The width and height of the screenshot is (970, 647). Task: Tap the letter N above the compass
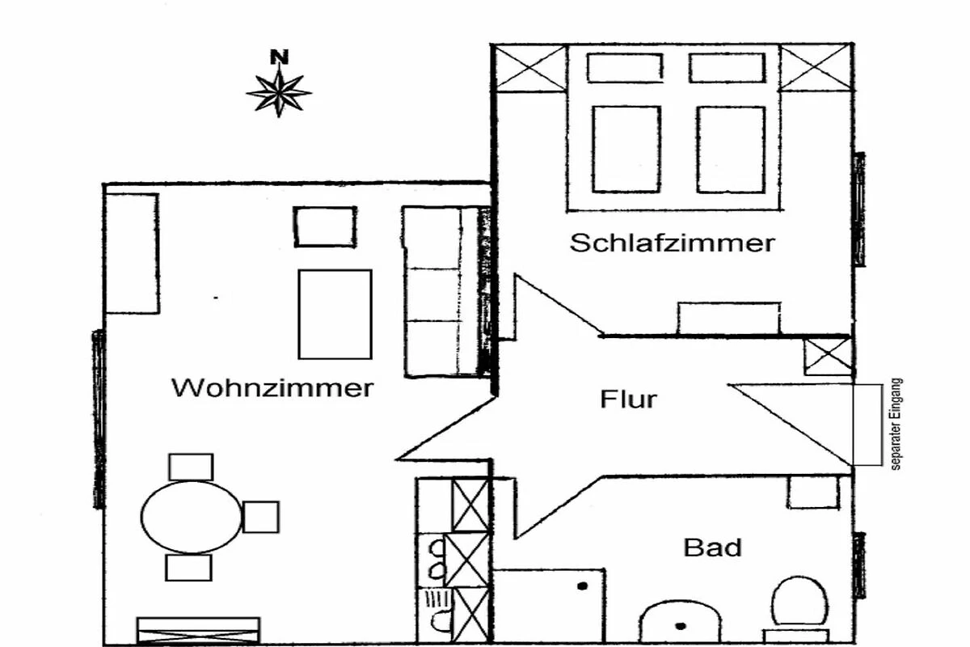tap(279, 57)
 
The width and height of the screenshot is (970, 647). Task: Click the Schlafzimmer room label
tap(672, 243)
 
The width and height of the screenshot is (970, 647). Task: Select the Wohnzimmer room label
tap(272, 388)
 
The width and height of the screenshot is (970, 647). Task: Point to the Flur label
tap(628, 399)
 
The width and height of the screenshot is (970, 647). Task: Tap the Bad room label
tap(712, 548)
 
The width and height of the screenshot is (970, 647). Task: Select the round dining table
tap(192, 516)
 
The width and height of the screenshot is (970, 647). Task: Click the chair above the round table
tap(191, 467)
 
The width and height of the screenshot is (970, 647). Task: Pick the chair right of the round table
tap(260, 517)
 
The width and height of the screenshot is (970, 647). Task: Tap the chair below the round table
tap(188, 567)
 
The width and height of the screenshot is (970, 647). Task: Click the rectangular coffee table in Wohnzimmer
tap(335, 314)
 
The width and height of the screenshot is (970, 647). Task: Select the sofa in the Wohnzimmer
tap(445, 291)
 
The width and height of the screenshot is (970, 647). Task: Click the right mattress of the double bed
tap(731, 150)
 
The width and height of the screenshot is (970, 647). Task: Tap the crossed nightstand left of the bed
tap(530, 68)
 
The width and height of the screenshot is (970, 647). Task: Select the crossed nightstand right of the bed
tap(816, 68)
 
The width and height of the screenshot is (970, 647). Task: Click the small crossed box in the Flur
tap(827, 357)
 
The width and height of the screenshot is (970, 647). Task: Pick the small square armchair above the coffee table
tap(324, 226)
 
